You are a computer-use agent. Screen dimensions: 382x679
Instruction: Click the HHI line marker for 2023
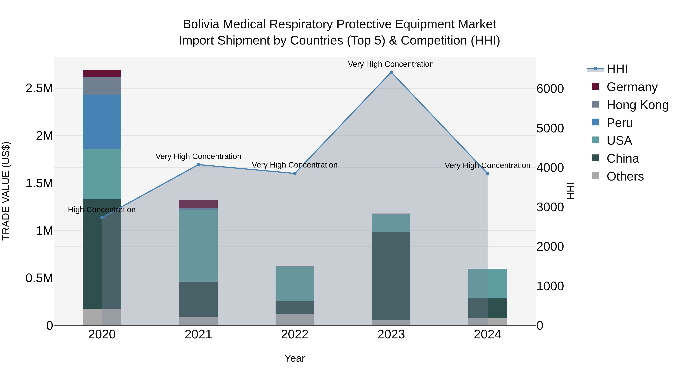[x=391, y=72]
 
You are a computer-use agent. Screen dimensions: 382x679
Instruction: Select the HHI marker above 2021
[x=198, y=165]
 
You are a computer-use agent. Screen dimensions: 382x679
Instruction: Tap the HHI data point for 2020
[x=102, y=218]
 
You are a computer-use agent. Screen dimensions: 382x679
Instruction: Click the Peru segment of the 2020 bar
[x=102, y=122]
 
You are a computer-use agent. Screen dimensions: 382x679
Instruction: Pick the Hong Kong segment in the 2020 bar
[x=102, y=86]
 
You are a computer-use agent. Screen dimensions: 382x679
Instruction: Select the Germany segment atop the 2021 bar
[x=198, y=204]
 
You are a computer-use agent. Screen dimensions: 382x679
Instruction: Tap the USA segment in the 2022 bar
[x=295, y=284]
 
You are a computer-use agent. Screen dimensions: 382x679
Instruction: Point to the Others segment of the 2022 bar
[x=295, y=319]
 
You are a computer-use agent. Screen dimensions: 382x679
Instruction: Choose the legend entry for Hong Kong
[x=637, y=105]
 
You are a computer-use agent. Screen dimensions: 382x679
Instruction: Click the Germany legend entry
[x=632, y=87]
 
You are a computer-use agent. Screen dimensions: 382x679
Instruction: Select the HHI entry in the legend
[x=617, y=69]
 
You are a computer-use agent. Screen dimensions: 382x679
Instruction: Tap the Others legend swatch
[x=595, y=176]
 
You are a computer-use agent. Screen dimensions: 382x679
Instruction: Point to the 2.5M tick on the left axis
[x=39, y=88]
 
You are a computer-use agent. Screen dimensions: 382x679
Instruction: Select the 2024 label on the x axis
[x=487, y=334]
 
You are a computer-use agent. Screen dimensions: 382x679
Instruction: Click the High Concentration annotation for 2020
[x=102, y=210]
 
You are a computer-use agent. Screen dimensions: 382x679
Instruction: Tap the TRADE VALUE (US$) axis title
[x=6, y=191]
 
